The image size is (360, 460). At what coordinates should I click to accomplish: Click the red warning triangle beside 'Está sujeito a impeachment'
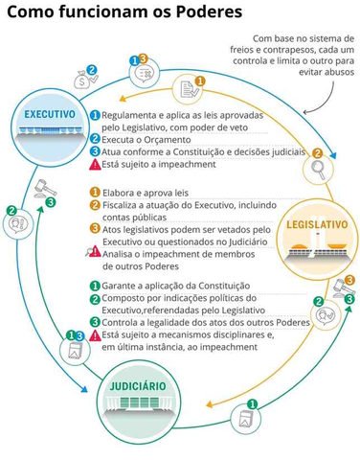[94, 165]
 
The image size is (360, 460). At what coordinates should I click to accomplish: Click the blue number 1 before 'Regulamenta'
[94, 115]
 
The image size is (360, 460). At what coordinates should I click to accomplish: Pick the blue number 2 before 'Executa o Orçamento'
[94, 139]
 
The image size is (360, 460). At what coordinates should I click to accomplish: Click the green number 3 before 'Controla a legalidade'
[94, 322]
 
